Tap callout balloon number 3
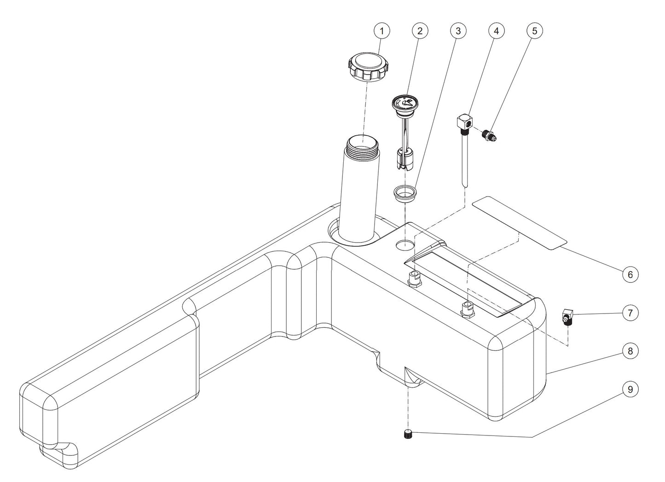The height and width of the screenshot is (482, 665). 457,31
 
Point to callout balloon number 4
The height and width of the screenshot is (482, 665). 496,31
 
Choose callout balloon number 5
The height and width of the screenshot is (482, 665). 534,31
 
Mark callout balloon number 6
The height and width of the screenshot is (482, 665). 630,274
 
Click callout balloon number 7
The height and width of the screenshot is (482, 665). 630,313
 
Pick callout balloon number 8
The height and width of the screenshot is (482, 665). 630,351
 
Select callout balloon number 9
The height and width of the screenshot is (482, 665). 630,389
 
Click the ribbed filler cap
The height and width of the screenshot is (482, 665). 366,66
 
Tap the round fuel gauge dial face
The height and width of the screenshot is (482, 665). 404,102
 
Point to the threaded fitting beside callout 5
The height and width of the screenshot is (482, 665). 488,135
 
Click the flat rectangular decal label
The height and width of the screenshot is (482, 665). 520,222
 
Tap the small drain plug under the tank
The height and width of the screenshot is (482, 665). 407,434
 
